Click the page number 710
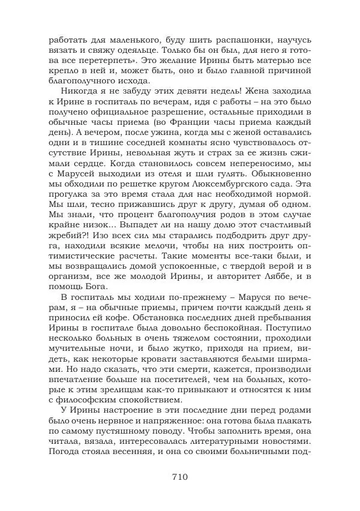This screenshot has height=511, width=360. pyautogui.click(x=180, y=477)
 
